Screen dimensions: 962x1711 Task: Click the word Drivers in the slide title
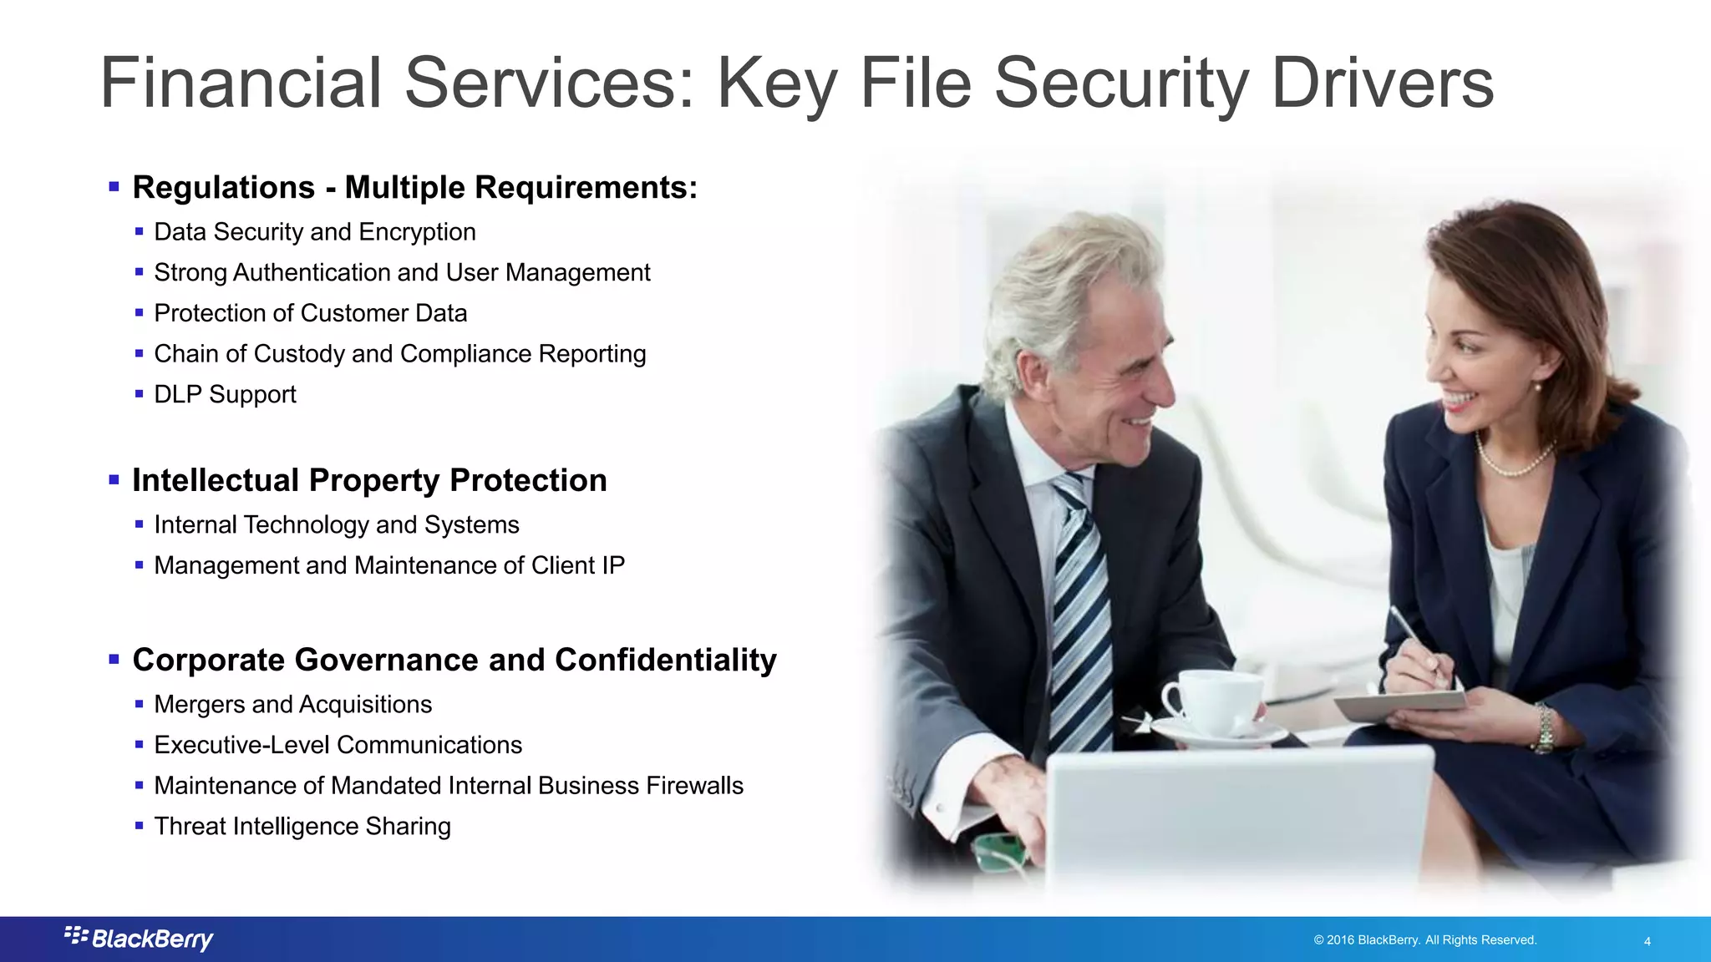(x=1382, y=83)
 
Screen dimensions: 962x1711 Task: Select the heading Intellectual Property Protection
(x=369, y=480)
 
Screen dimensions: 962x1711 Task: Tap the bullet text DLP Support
(x=225, y=394)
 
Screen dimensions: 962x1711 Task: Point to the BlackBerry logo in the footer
(x=140, y=939)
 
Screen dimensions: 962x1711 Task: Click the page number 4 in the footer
(x=1647, y=941)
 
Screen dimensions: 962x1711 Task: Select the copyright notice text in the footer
(x=1424, y=940)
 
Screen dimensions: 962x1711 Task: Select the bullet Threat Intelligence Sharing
(x=302, y=827)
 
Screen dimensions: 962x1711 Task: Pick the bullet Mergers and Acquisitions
(x=293, y=705)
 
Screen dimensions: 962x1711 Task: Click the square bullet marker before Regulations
(x=114, y=186)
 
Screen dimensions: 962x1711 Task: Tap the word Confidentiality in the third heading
(x=665, y=660)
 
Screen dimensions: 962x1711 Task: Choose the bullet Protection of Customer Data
(x=311, y=313)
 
